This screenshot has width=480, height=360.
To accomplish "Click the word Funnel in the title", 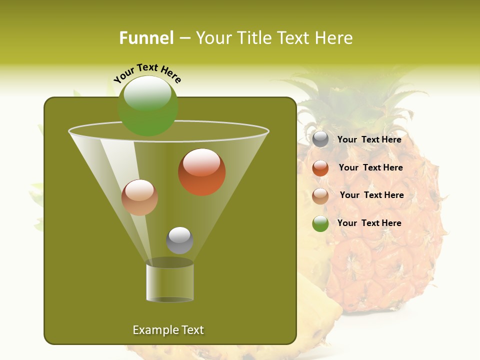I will [146, 38].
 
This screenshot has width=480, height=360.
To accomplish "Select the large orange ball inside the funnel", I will [202, 172].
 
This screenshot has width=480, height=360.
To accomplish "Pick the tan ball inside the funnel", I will [139, 197].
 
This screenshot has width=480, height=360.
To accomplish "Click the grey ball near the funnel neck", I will [179, 240].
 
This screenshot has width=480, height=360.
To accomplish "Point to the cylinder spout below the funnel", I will [170, 282].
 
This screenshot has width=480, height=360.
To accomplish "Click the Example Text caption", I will [168, 330].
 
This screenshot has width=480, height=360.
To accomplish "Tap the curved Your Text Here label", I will [147, 73].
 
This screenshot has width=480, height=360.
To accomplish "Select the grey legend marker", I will [320, 139].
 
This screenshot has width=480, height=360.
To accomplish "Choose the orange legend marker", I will [320, 168].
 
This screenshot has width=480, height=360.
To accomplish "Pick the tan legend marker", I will [320, 196].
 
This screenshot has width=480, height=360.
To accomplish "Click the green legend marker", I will [320, 223].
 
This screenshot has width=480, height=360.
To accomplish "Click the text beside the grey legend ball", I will [369, 139].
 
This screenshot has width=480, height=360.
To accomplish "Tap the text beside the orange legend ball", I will [370, 167].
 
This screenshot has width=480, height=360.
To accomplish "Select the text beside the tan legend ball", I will [371, 195].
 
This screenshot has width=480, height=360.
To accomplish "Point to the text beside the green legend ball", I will [369, 223].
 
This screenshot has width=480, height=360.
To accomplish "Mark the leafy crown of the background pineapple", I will [350, 105].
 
